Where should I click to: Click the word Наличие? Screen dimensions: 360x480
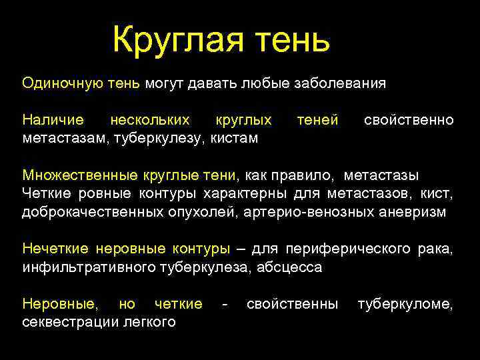[53, 120]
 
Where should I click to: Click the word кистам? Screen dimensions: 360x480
[235, 138]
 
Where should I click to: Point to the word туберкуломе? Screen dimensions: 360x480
[405, 304]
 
